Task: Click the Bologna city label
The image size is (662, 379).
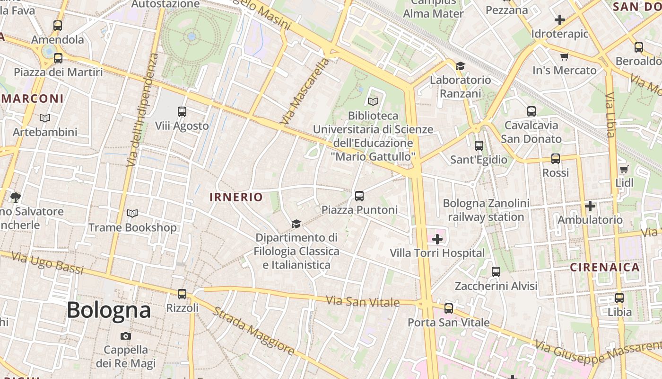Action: point(109,310)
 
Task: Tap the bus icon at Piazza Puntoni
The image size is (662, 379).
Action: point(359,196)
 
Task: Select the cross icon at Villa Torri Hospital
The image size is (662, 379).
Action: point(437,239)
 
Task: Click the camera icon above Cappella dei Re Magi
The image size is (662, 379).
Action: point(126,336)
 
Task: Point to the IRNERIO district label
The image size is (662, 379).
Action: point(236,197)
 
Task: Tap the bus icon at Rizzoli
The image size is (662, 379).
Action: point(182,294)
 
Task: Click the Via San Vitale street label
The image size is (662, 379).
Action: point(363,302)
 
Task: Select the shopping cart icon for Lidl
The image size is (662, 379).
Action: point(624,169)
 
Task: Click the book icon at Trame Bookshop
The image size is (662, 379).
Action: point(132,214)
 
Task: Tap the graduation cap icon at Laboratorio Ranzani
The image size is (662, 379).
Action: point(460,66)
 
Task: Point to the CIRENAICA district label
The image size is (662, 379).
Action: point(605,267)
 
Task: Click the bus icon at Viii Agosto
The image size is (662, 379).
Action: point(182,112)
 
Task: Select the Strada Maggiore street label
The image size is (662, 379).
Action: point(253,331)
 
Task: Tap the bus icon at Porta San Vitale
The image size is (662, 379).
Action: point(449,308)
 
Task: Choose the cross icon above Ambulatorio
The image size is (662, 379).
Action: point(590,206)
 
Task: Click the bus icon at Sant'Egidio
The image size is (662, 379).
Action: point(479,146)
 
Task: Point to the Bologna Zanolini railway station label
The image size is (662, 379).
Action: point(486,210)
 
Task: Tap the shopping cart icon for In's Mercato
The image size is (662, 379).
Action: point(564,57)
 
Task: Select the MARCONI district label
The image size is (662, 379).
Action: point(32,99)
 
